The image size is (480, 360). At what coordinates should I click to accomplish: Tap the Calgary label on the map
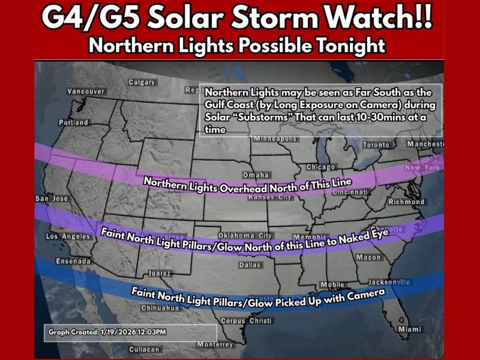click(142, 82)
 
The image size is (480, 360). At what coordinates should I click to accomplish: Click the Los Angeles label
click(68, 236)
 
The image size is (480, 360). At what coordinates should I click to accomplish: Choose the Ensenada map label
click(73, 262)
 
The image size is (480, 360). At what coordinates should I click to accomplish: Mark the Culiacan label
click(144, 349)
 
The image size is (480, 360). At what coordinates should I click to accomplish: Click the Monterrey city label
click(214, 344)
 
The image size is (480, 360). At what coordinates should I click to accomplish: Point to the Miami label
click(410, 329)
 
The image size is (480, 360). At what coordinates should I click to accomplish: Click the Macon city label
click(368, 257)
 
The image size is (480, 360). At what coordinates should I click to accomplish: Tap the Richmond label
click(406, 202)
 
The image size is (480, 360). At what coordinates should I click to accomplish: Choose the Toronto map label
click(376, 145)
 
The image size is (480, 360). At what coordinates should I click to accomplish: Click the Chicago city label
click(320, 167)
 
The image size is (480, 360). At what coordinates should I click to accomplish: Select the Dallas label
click(250, 265)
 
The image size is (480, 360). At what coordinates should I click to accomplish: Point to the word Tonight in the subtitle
click(352, 45)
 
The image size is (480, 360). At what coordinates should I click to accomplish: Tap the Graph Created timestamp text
click(107, 332)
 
